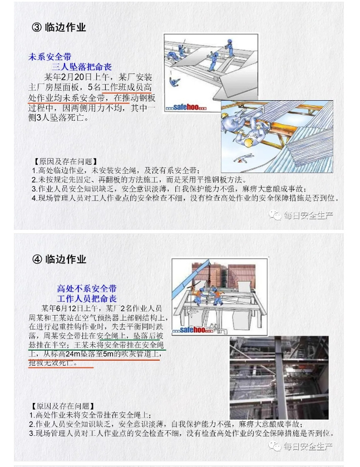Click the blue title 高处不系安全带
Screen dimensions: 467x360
point(87,288)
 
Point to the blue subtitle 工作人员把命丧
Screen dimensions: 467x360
point(87,298)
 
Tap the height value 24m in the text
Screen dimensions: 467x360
point(73,354)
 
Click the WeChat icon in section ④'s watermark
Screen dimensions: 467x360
point(274,446)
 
